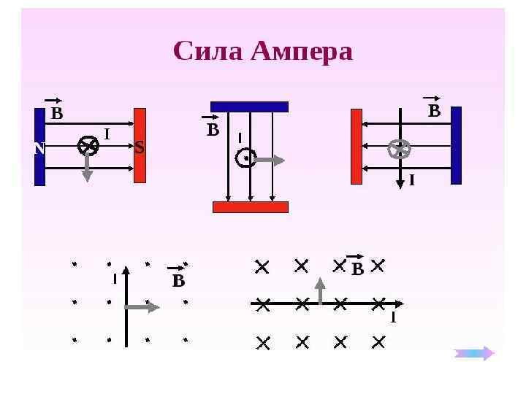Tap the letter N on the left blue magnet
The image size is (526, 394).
tap(39, 148)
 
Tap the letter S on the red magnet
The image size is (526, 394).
tap(140, 147)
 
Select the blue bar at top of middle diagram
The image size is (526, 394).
tap(249, 107)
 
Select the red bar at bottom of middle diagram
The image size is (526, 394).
tap(251, 206)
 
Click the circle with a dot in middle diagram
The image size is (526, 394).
tap(246, 158)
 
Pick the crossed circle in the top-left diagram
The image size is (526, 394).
tap(88, 146)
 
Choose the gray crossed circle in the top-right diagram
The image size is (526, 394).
tap(399, 149)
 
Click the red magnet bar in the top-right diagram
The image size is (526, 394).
tap(357, 146)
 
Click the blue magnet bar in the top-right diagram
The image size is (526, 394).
tap(456, 145)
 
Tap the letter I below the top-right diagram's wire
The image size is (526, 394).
tap(411, 179)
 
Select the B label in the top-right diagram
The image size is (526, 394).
tap(434, 111)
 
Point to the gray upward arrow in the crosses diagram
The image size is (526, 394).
tap(320, 290)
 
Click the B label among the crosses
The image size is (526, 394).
tap(357, 269)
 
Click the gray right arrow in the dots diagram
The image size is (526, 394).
tap(143, 307)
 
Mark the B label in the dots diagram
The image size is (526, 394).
tap(178, 281)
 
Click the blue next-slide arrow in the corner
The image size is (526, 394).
tap(474, 353)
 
